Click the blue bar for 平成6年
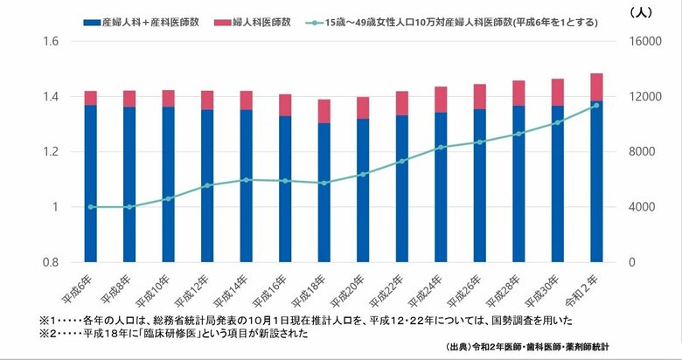click(91, 183)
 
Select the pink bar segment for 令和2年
click(596, 87)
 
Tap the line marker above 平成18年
click(324, 183)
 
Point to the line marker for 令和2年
click(596, 105)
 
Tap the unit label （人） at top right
click(641, 12)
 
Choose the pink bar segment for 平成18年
click(324, 111)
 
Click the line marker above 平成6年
click(91, 207)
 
